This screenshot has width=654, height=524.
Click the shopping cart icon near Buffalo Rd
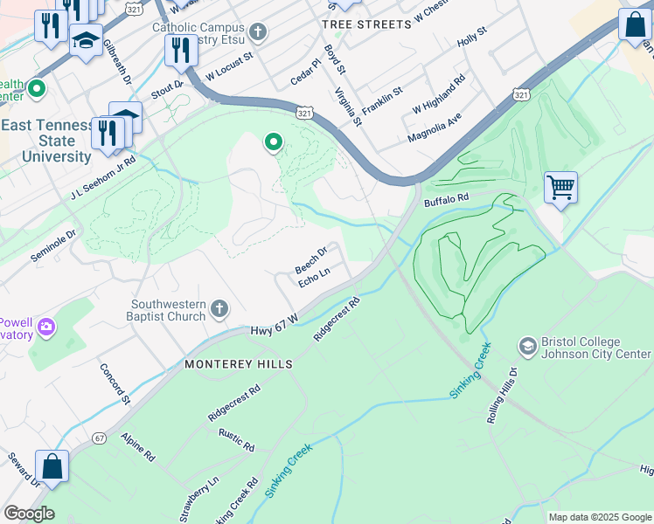click(x=560, y=186)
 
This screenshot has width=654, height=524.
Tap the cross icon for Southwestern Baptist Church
click(x=219, y=308)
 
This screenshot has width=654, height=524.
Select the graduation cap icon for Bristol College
click(x=527, y=348)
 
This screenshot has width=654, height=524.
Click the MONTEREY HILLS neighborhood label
click(x=237, y=363)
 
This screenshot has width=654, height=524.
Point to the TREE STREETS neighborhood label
click(x=366, y=24)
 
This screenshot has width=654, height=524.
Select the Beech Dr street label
click(x=311, y=259)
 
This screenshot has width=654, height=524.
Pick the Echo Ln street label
click(x=314, y=278)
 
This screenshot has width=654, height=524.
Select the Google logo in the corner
click(x=29, y=514)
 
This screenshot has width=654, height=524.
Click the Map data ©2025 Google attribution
click(x=600, y=517)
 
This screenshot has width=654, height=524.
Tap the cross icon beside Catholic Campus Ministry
click(x=257, y=33)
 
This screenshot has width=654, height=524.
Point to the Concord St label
click(x=115, y=384)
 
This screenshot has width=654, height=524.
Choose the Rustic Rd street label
click(x=238, y=440)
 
